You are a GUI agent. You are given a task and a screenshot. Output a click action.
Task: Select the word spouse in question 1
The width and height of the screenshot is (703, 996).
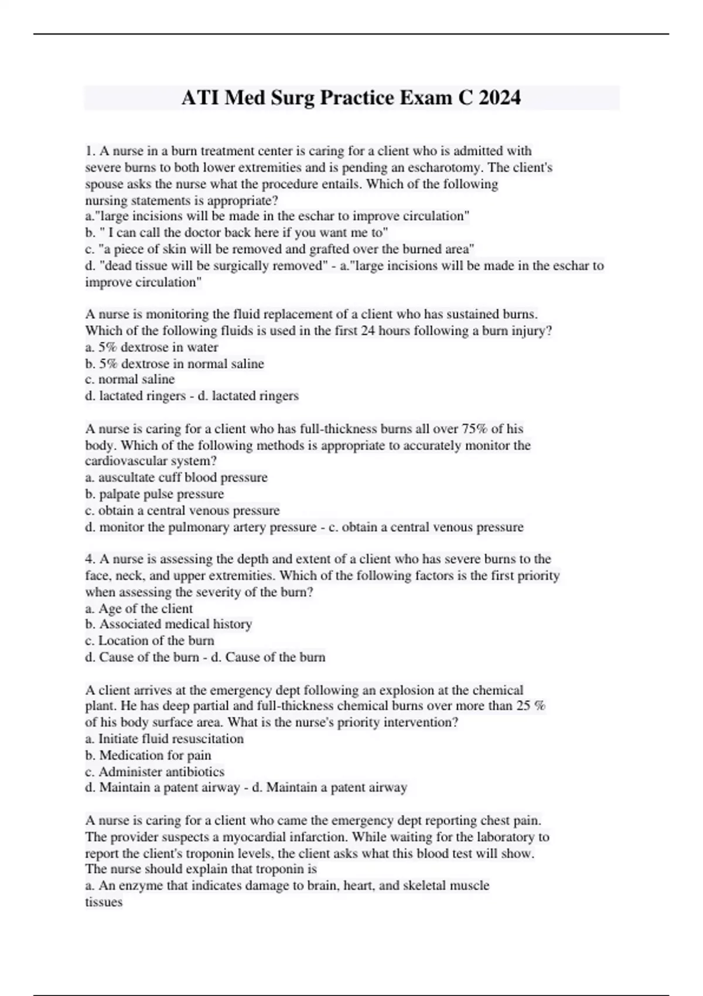[104, 184]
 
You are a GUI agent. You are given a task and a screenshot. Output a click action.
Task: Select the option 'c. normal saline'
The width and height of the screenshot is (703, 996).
[129, 379]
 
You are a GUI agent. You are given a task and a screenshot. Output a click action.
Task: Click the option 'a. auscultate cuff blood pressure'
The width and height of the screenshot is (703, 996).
[176, 477]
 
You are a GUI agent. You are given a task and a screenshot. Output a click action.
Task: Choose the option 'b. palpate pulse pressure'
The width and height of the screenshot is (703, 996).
[154, 494]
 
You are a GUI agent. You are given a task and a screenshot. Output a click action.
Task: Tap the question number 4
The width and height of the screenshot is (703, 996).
[89, 559]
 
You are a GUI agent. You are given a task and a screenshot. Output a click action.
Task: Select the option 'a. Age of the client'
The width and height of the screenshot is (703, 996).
[139, 608]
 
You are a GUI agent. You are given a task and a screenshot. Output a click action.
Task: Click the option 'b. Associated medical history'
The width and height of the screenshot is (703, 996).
[168, 624]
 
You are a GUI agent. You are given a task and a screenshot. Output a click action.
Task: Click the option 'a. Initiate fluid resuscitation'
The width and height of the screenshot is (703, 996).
[164, 739]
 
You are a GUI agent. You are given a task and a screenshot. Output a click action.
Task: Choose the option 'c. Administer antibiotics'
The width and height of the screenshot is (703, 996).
[155, 772]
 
